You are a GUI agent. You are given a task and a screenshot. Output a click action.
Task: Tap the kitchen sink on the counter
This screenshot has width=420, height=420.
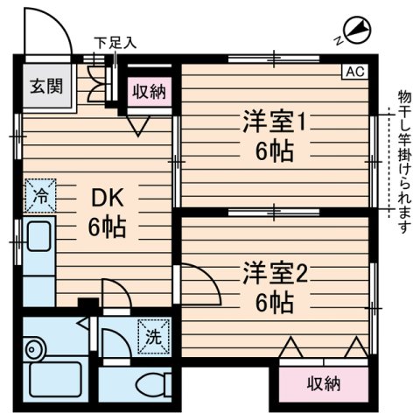[38, 237]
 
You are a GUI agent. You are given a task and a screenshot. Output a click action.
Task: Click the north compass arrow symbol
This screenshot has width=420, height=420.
[355, 31]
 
